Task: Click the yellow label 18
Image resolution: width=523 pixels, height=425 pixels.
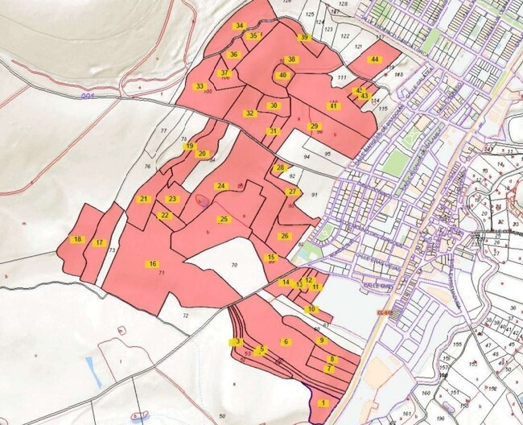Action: coord(77,239)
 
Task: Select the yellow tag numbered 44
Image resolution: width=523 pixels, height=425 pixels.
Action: coord(375,60)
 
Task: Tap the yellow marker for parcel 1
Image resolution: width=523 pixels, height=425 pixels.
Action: coord(323,402)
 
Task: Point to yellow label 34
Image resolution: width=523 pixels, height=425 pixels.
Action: coord(239,26)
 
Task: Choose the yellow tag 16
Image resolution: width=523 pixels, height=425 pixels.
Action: coord(151,264)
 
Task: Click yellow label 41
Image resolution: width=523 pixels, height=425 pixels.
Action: coord(332,106)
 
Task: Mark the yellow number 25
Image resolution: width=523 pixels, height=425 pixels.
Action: coord(224,219)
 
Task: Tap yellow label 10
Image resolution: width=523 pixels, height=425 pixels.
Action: coord(311,309)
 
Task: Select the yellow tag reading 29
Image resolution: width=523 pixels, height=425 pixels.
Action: coord(315,126)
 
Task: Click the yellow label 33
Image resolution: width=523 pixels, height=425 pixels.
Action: coord(199,86)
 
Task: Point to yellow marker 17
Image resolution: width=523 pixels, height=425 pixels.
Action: coord(100,242)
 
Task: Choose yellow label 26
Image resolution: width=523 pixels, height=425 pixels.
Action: coord(284,236)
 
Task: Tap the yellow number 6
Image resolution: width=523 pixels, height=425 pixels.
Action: coord(285,342)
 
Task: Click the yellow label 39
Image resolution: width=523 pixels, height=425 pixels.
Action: coord(303,37)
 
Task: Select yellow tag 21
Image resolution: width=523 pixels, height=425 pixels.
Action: coord(144,199)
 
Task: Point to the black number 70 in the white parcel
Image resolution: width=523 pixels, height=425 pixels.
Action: coord(234,265)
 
